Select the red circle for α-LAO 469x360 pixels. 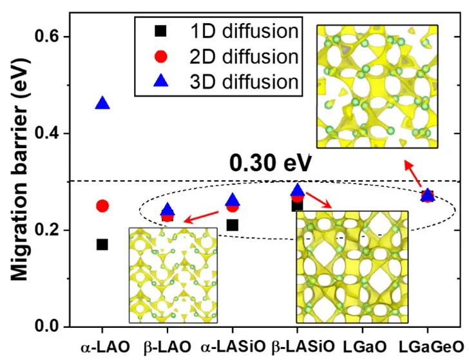(102, 206)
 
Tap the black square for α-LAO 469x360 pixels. (102, 245)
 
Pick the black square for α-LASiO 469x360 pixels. (233, 225)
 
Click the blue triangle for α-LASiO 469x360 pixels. (233, 200)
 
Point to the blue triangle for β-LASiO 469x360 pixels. (297, 190)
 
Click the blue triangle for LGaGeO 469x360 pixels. (427, 194)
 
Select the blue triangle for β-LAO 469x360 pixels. (167, 209)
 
